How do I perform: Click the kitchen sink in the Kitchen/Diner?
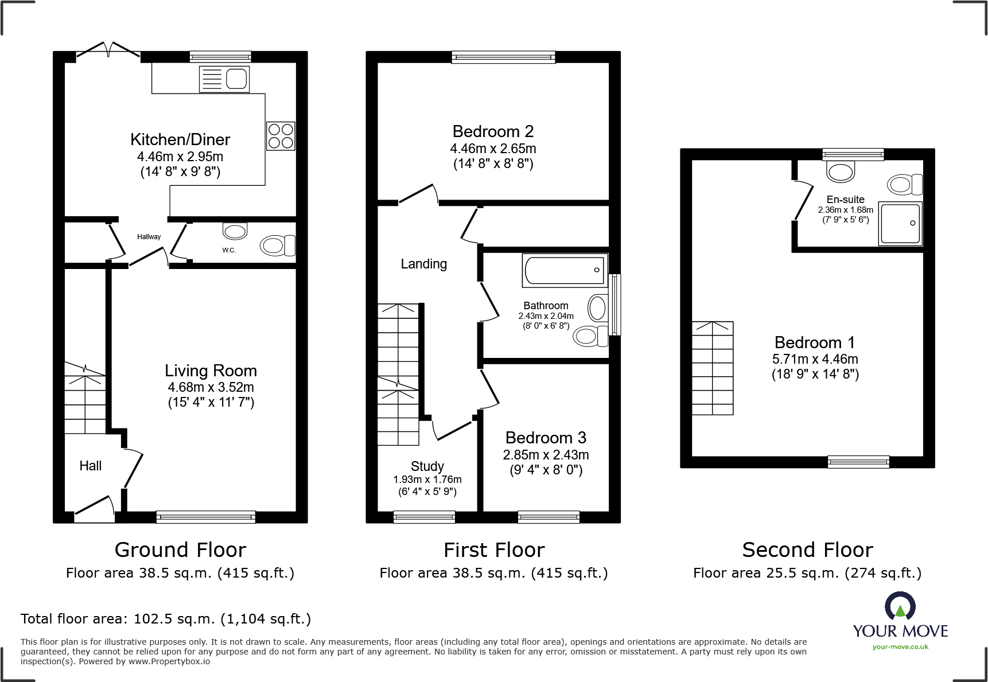225,79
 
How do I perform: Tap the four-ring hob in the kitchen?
281,136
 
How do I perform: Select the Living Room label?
211,371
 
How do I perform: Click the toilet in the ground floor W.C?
278,245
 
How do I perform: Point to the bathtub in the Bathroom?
565,270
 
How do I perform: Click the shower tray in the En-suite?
900,223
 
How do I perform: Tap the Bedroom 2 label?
493,131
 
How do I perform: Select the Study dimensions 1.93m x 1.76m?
427,480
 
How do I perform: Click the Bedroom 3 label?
546,438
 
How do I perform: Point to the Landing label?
423,264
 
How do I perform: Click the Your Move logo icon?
900,606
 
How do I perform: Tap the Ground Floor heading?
180,550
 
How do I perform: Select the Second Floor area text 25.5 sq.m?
807,573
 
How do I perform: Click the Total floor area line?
166,619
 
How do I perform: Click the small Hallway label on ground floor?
149,237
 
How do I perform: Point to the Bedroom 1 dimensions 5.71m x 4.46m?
815,359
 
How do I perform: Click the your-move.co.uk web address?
900,647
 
